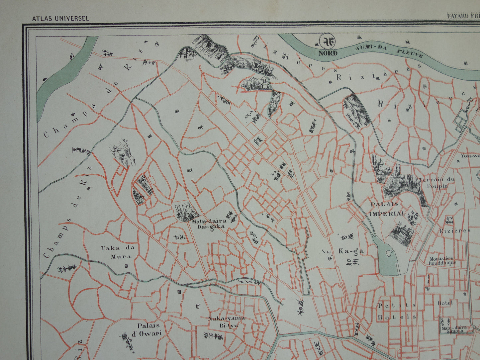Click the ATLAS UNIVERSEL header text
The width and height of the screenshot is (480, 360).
pos(60,19)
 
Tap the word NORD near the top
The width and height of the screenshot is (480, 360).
pos(328,53)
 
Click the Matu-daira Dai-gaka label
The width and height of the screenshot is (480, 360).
pos(209,223)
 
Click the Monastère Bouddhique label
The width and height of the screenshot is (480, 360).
pos(442,261)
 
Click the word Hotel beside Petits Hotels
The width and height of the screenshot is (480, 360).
pos(445,303)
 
